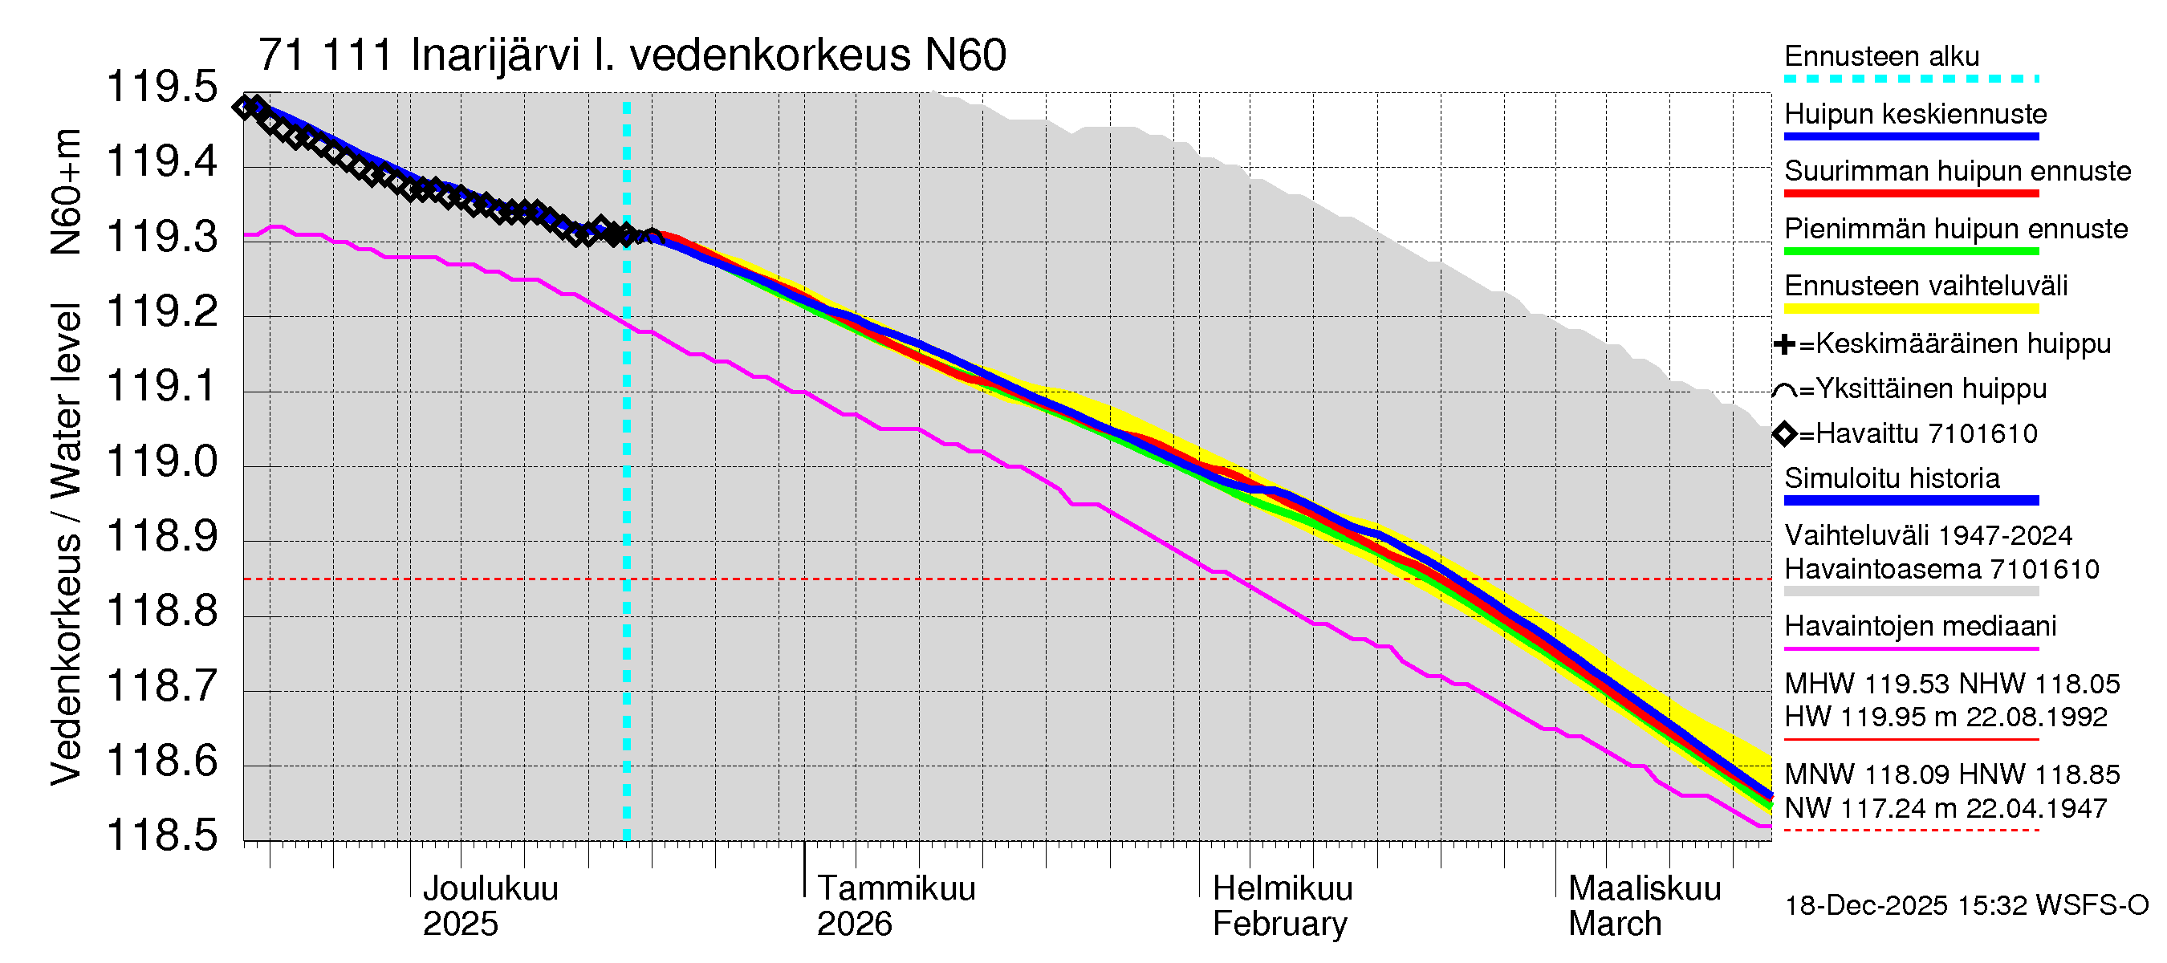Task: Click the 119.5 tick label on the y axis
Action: [x=161, y=87]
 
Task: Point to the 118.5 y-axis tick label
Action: [x=161, y=835]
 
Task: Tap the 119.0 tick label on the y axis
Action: [x=161, y=461]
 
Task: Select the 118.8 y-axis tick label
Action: [x=161, y=611]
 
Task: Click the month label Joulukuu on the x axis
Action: [x=490, y=888]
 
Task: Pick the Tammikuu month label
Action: [x=896, y=888]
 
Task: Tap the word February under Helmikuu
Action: [x=1279, y=924]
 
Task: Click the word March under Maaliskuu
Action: [x=1615, y=924]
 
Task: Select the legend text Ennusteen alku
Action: [x=1882, y=56]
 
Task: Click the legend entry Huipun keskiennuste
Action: [x=1916, y=113]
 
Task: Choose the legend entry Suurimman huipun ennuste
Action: [x=1958, y=171]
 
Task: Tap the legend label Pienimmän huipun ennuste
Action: [x=1956, y=229]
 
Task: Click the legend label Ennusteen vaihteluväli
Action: [x=1925, y=286]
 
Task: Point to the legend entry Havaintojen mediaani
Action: [x=1921, y=627]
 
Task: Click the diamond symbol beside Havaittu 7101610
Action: [x=1784, y=434]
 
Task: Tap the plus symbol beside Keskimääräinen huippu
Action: [x=1783, y=344]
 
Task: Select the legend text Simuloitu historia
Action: [x=1892, y=478]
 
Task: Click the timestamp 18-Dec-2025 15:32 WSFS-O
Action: [x=1966, y=906]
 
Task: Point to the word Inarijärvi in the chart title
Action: [x=495, y=55]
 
